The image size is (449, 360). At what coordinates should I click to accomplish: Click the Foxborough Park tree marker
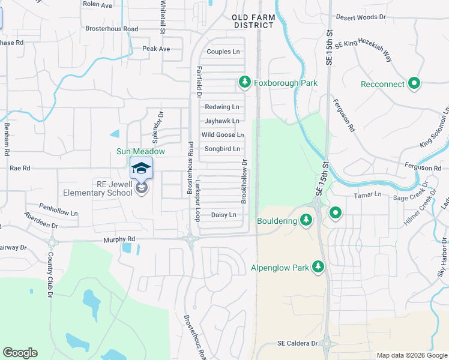[x=244, y=82]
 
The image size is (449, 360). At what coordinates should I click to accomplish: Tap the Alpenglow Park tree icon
[x=318, y=266]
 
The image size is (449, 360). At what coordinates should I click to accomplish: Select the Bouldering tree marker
[x=306, y=220]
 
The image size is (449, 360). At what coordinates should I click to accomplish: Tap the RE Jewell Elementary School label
[x=98, y=189]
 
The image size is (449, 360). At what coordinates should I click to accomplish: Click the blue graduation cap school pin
[x=141, y=170]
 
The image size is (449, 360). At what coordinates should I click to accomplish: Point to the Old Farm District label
[x=254, y=22]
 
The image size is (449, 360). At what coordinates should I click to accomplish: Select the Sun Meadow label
[x=140, y=152]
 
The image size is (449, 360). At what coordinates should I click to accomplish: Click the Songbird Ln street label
[x=222, y=149]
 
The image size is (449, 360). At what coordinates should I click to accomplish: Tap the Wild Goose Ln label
[x=223, y=135]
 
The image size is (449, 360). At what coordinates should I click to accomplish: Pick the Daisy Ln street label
[x=223, y=214]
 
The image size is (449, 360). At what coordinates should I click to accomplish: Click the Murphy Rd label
[x=119, y=239]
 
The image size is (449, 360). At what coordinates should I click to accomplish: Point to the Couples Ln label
[x=223, y=52]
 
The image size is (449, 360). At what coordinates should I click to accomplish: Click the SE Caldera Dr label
[x=297, y=343]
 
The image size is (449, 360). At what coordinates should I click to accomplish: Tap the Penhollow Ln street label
[x=58, y=212]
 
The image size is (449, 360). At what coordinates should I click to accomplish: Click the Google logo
[x=20, y=353]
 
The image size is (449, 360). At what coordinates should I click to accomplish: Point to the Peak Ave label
[x=156, y=49]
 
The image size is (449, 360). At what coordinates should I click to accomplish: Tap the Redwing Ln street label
[x=222, y=107]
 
